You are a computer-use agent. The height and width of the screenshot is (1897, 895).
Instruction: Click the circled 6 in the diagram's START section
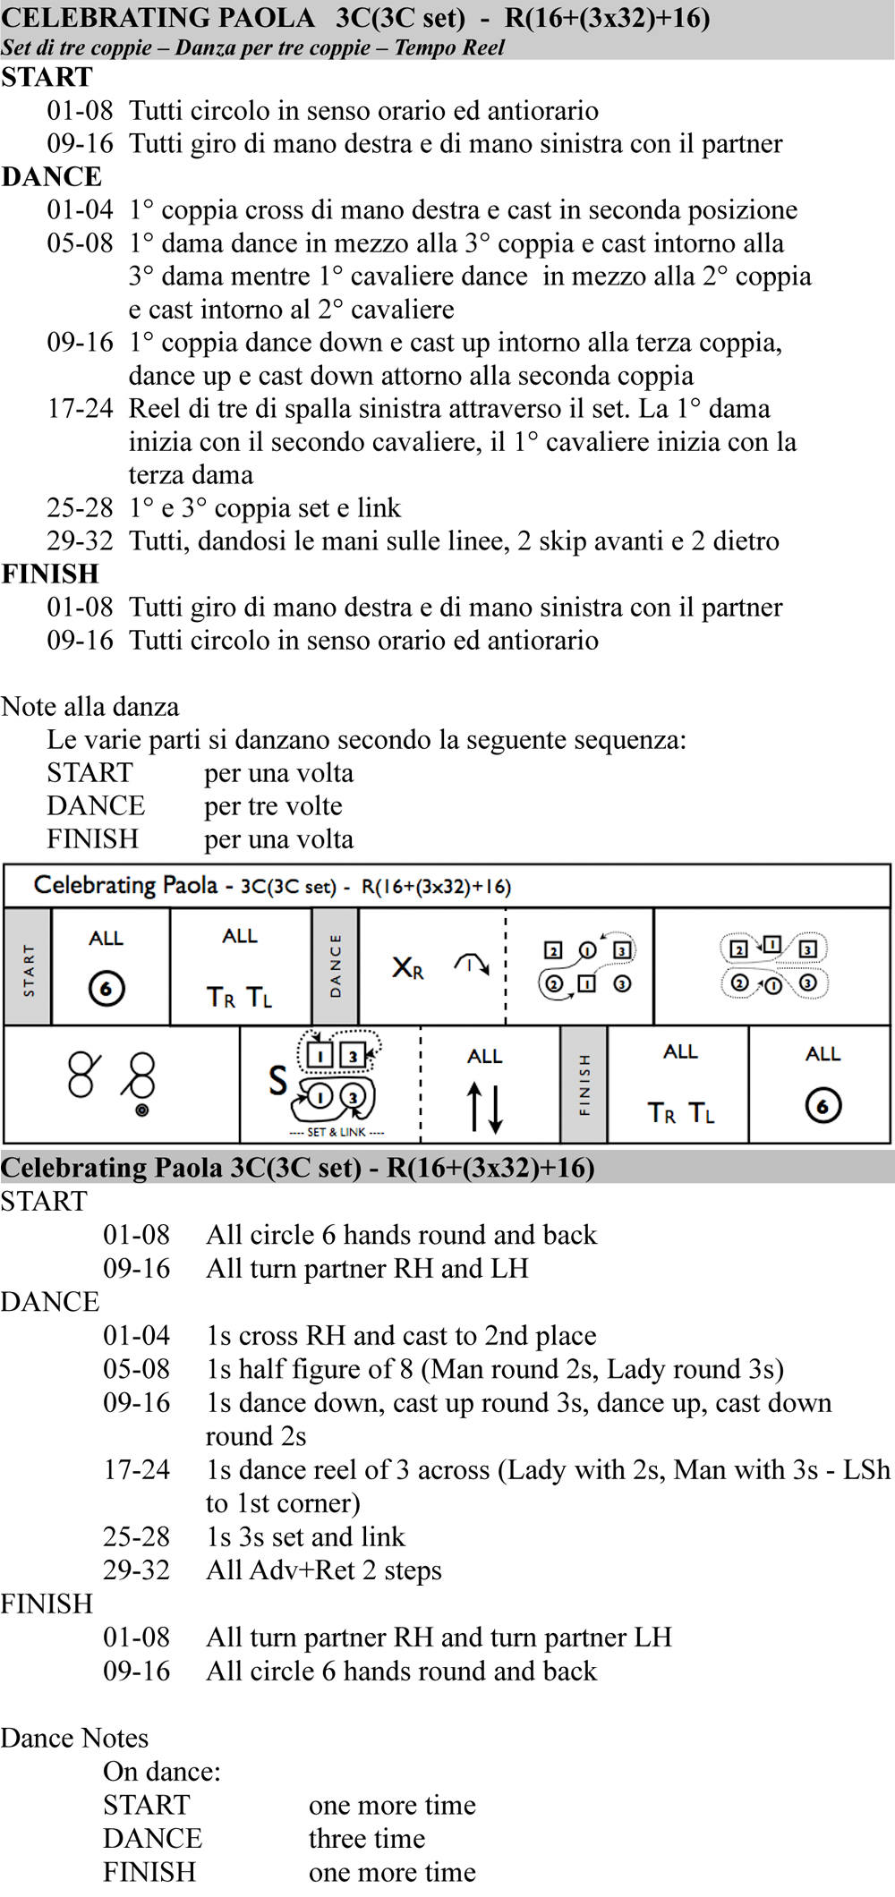pyautogui.click(x=107, y=989)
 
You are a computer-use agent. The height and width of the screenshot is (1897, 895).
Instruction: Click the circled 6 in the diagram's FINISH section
pyautogui.click(x=823, y=1106)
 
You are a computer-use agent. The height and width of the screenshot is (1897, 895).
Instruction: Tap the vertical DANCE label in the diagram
pyautogui.click(x=336, y=966)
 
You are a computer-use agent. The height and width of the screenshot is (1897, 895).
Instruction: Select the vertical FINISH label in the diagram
pyautogui.click(x=584, y=1085)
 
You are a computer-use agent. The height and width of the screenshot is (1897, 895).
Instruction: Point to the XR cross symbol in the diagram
pyautogui.click(x=407, y=967)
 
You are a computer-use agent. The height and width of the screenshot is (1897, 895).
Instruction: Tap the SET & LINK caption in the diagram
pyautogui.click(x=337, y=1132)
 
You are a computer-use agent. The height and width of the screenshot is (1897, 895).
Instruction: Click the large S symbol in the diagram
pyautogui.click(x=278, y=1081)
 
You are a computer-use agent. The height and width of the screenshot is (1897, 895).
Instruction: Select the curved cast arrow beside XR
pyautogui.click(x=471, y=964)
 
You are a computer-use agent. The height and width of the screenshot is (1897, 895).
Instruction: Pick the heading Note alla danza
pyautogui.click(x=90, y=707)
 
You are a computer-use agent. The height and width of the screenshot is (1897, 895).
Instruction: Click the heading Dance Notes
pyautogui.click(x=74, y=1738)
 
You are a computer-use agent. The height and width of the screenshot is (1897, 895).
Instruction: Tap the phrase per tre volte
pyautogui.click(x=273, y=806)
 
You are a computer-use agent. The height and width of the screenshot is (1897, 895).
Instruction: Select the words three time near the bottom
pyautogui.click(x=367, y=1839)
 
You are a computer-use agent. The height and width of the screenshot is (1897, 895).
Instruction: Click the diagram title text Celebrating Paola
pyautogui.click(x=125, y=886)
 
